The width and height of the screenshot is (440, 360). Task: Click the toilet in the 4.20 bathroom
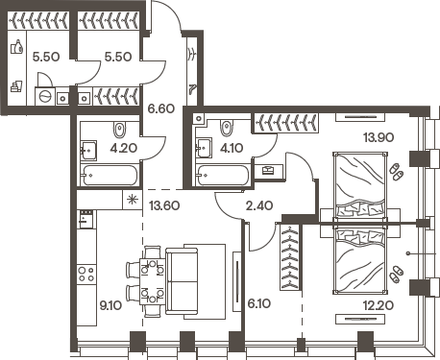(119, 129)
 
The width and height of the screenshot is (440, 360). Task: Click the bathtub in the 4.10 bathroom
(224, 176)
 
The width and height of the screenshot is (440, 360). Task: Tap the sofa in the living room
(195, 279)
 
